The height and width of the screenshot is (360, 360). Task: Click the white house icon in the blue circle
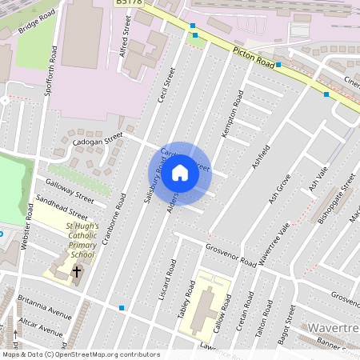180,174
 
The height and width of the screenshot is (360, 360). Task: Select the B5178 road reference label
128,3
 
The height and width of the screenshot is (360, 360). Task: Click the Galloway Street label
70,192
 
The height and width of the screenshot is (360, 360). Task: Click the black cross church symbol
77,272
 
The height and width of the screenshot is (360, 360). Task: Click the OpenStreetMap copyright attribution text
81,354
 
